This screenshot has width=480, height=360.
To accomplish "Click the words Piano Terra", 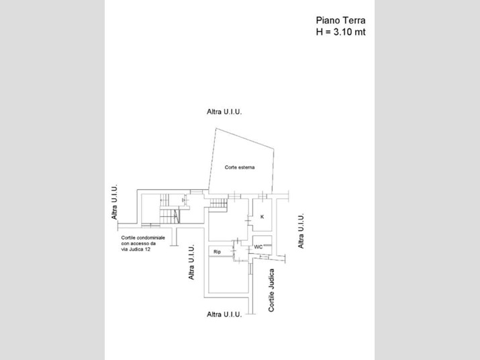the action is tap(340, 21).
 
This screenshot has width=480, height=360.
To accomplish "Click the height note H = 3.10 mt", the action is tap(340, 32).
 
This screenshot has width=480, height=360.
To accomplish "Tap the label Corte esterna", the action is tap(240, 167).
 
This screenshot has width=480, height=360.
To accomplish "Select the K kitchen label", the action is tap(262, 217).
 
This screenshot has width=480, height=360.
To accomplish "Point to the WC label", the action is tap(258, 247).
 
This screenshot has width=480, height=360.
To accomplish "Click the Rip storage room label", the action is tap(217, 252).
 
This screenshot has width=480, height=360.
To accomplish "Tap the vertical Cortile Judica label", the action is tap(271, 290).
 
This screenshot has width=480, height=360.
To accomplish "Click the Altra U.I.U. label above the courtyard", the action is tap(224, 112).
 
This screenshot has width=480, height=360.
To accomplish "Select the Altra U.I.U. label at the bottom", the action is tap(224, 314).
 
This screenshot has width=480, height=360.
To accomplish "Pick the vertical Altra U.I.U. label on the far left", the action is tap(114, 202).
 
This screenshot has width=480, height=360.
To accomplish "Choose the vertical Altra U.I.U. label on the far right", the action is tap(301, 231).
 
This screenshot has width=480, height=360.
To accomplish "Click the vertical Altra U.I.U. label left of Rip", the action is tap(191, 262).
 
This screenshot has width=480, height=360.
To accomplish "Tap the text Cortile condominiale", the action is tap(143, 238).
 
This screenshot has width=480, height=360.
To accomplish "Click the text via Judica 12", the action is tap(136, 249).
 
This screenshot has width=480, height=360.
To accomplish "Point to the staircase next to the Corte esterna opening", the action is tap(218, 203).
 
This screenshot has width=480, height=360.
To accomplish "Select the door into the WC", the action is tap(250, 250).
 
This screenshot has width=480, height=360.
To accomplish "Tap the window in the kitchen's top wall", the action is tap(262, 195).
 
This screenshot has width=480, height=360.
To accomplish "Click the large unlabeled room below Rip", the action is tap(228, 275).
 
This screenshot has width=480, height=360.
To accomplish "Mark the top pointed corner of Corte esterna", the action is tap(216, 128).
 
